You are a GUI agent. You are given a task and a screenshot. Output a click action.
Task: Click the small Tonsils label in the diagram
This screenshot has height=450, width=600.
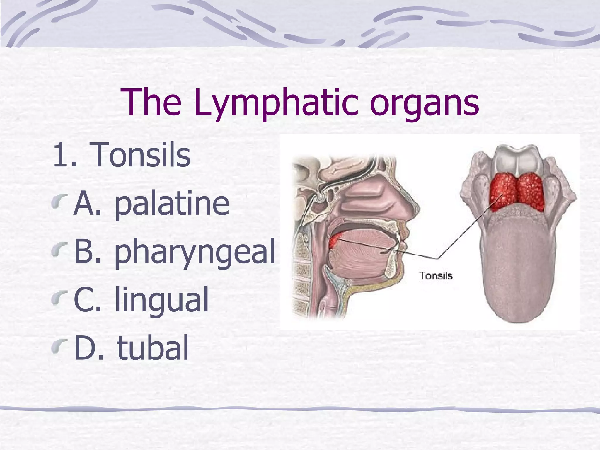(436, 276)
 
